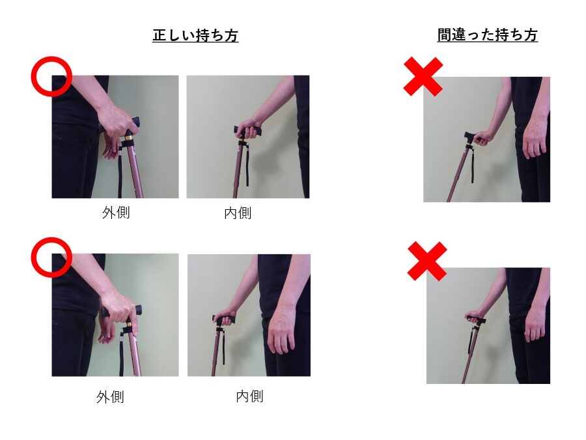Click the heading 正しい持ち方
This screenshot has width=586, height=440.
pos(195,36)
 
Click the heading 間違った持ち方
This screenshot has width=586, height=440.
pos(487,35)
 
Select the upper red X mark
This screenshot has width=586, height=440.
pos(423,77)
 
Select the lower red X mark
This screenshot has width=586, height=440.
pos(426,261)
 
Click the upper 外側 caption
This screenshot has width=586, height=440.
pos(116,213)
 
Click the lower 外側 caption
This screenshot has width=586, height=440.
pos(110,396)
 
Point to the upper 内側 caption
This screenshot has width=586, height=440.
pos(238,213)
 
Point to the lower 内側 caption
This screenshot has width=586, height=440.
pos(249,396)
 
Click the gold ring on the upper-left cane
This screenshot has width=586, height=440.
pos(128,138)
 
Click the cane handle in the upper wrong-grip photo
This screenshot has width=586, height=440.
pos(471,137)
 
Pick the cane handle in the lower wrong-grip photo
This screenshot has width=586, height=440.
pos(475,320)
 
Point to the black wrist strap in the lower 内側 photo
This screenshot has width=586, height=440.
pos(222,346)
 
